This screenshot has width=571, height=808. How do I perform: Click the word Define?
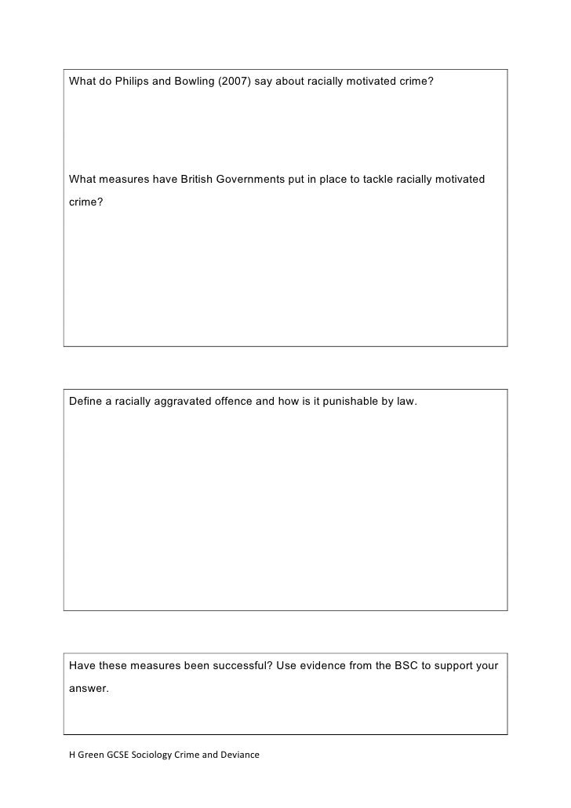[x=85, y=402]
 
